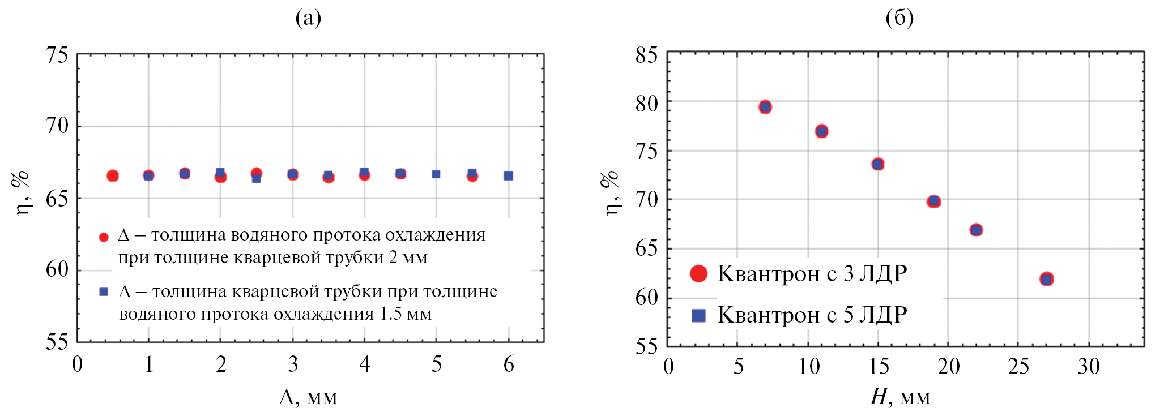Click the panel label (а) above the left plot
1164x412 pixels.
(x=308, y=18)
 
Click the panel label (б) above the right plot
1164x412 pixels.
(x=899, y=18)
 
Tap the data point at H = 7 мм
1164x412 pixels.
(x=765, y=107)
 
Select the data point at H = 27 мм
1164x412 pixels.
(x=1047, y=279)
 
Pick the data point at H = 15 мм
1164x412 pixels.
(x=878, y=164)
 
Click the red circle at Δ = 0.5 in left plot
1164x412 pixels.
(x=113, y=176)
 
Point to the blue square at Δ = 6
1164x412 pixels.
(x=508, y=176)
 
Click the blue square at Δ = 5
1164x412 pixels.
(x=436, y=174)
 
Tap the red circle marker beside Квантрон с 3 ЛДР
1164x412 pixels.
(x=699, y=274)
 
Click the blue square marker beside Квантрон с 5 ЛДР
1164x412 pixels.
(x=699, y=315)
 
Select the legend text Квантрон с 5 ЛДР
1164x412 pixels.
(x=812, y=315)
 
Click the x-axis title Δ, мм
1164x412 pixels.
(x=308, y=397)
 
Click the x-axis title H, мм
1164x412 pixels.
(x=899, y=397)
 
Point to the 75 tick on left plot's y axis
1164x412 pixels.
(x=57, y=55)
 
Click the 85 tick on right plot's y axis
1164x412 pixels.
(x=646, y=55)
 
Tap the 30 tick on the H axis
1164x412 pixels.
(x=1089, y=367)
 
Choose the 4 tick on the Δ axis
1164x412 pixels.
(x=365, y=364)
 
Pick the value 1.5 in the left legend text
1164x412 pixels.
(x=391, y=314)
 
